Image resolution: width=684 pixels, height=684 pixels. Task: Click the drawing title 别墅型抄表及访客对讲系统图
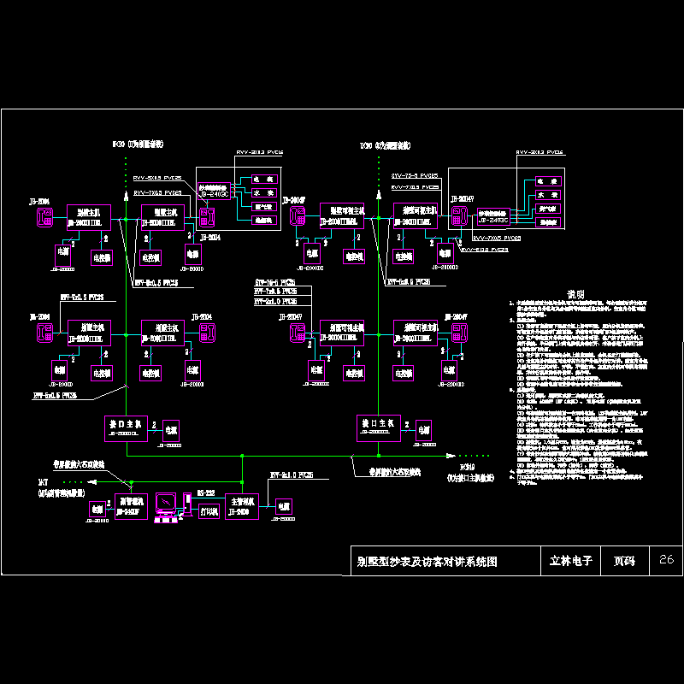pos(425,562)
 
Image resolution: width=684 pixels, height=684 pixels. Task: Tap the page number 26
pos(667,561)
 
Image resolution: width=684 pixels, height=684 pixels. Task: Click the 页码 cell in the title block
pos(625,562)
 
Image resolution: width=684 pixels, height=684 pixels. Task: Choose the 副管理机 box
pos(131,505)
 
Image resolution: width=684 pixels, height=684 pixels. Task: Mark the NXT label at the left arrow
pos(43,483)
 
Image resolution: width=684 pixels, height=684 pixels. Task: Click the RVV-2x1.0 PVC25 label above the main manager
pos(292,475)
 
